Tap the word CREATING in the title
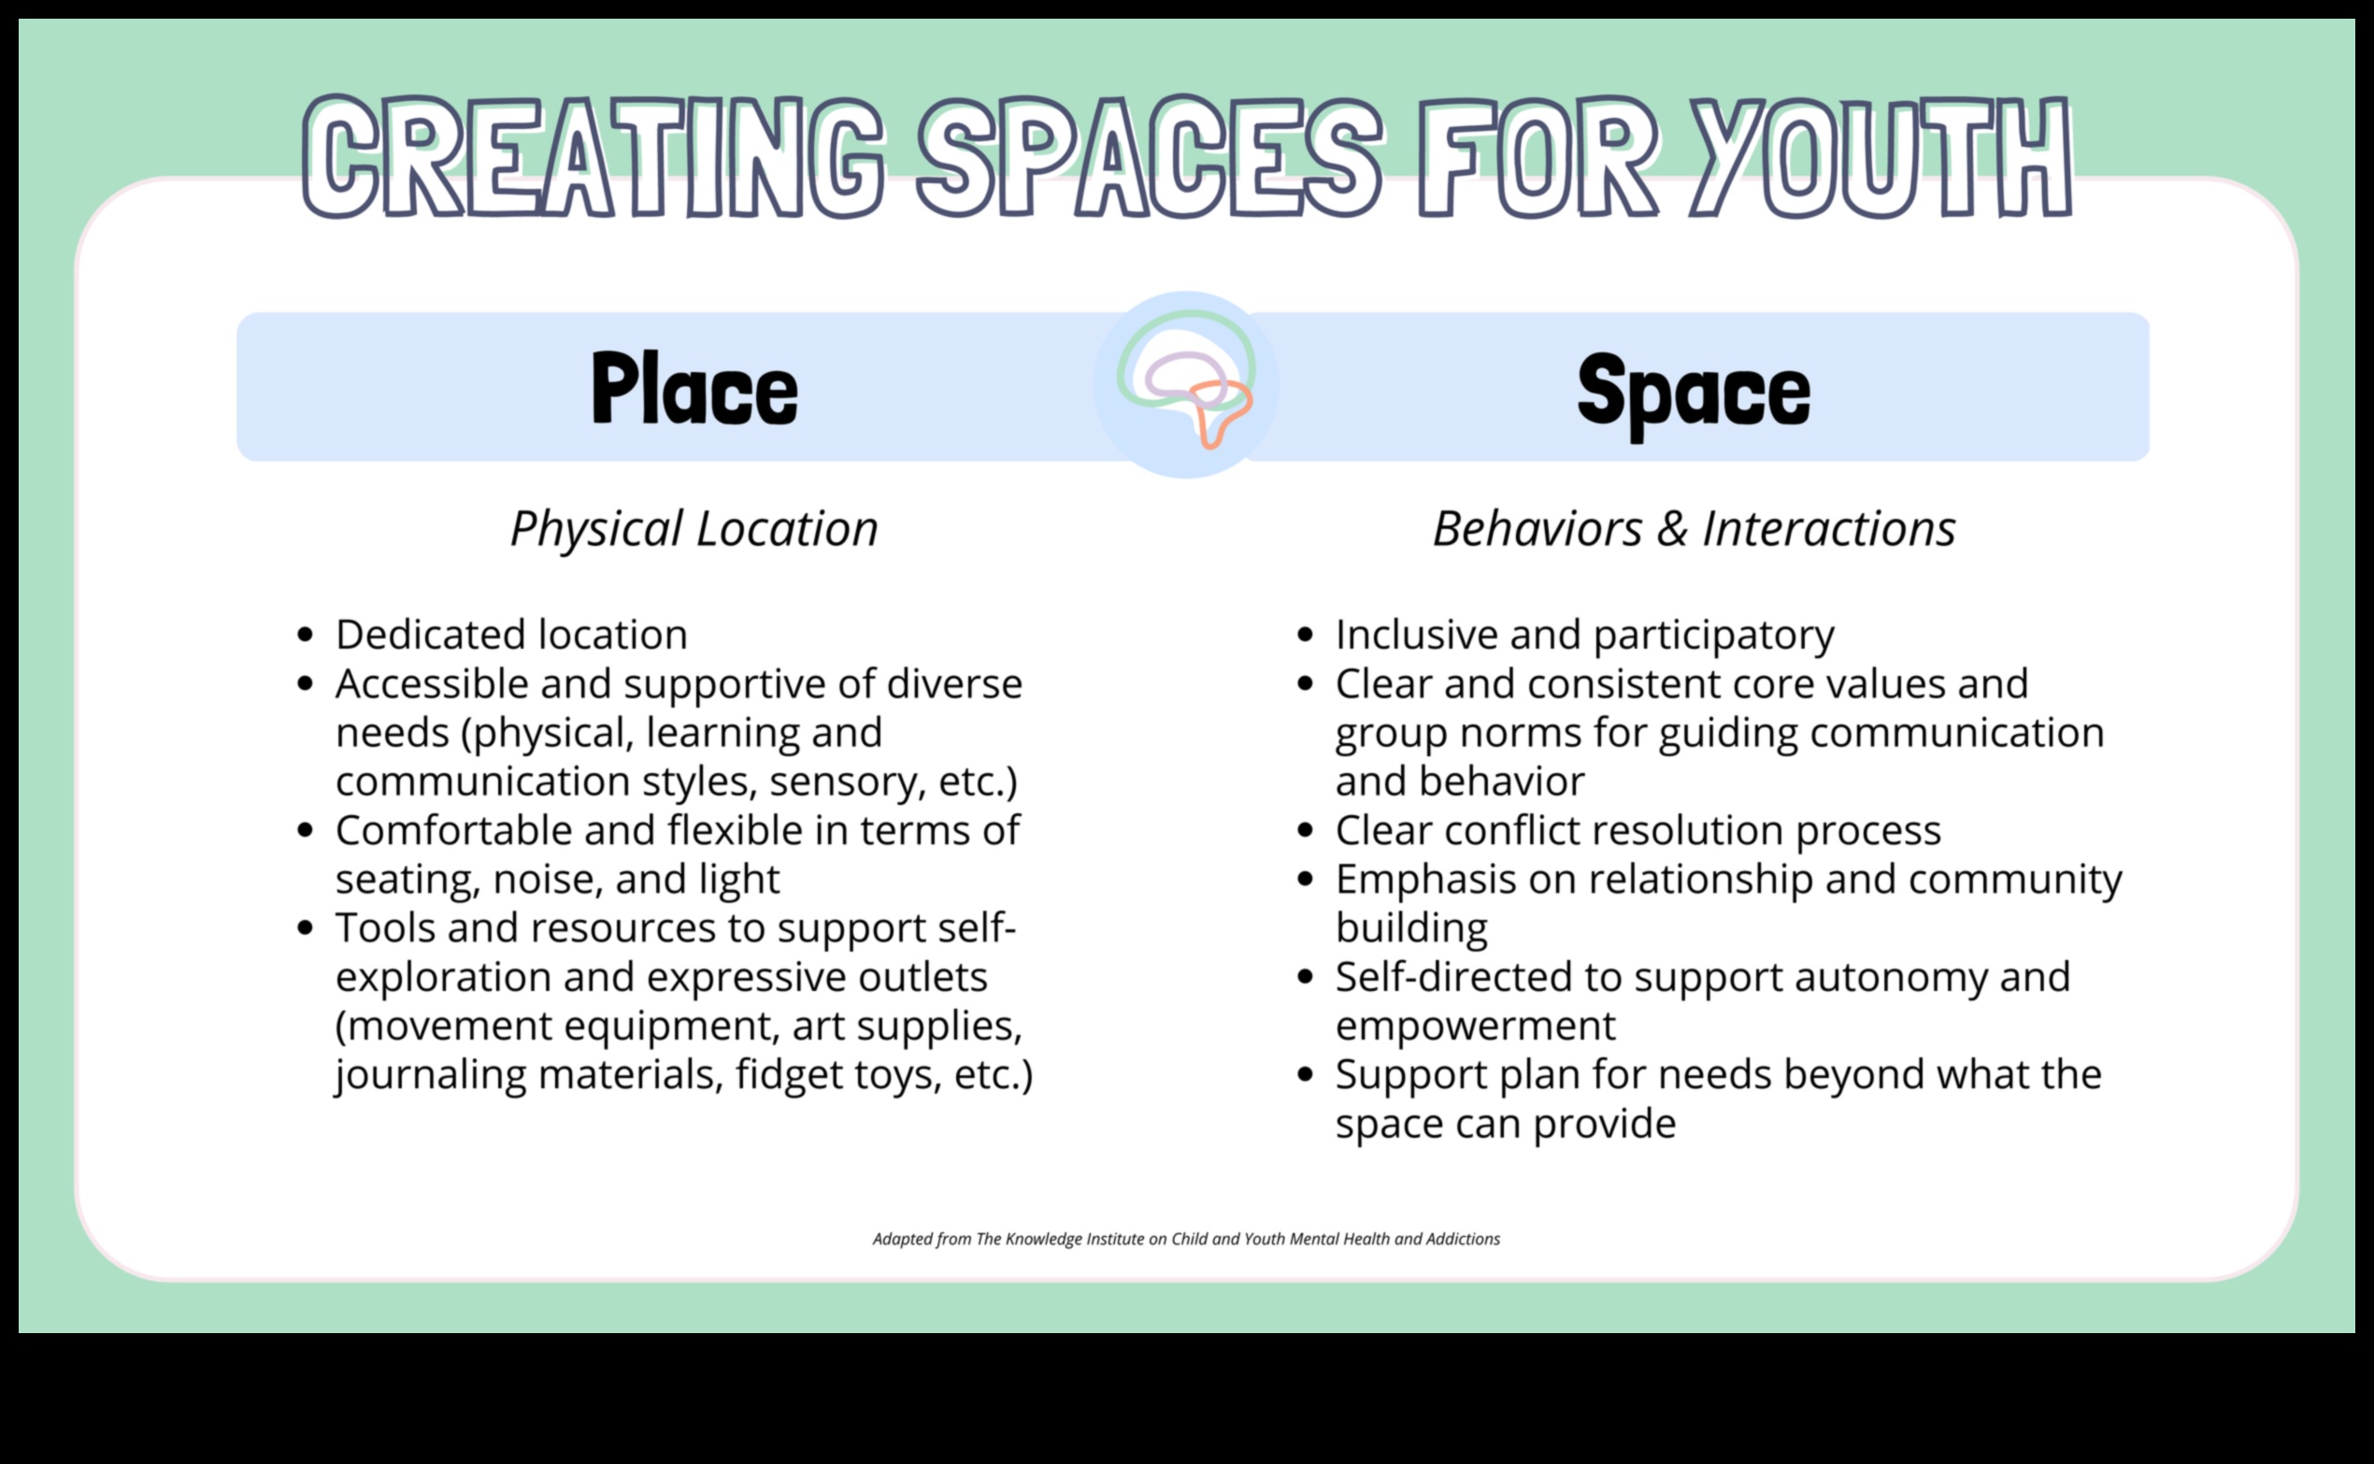point(593,158)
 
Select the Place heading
point(694,388)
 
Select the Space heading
point(1694,393)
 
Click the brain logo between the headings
point(1185,384)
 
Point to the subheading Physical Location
point(694,529)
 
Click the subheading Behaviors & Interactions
point(1694,529)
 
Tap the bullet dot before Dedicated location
point(306,635)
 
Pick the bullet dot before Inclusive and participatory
point(1305,635)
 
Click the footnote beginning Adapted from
point(1186,1240)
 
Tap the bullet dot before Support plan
point(1305,1075)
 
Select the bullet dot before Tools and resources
point(306,928)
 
